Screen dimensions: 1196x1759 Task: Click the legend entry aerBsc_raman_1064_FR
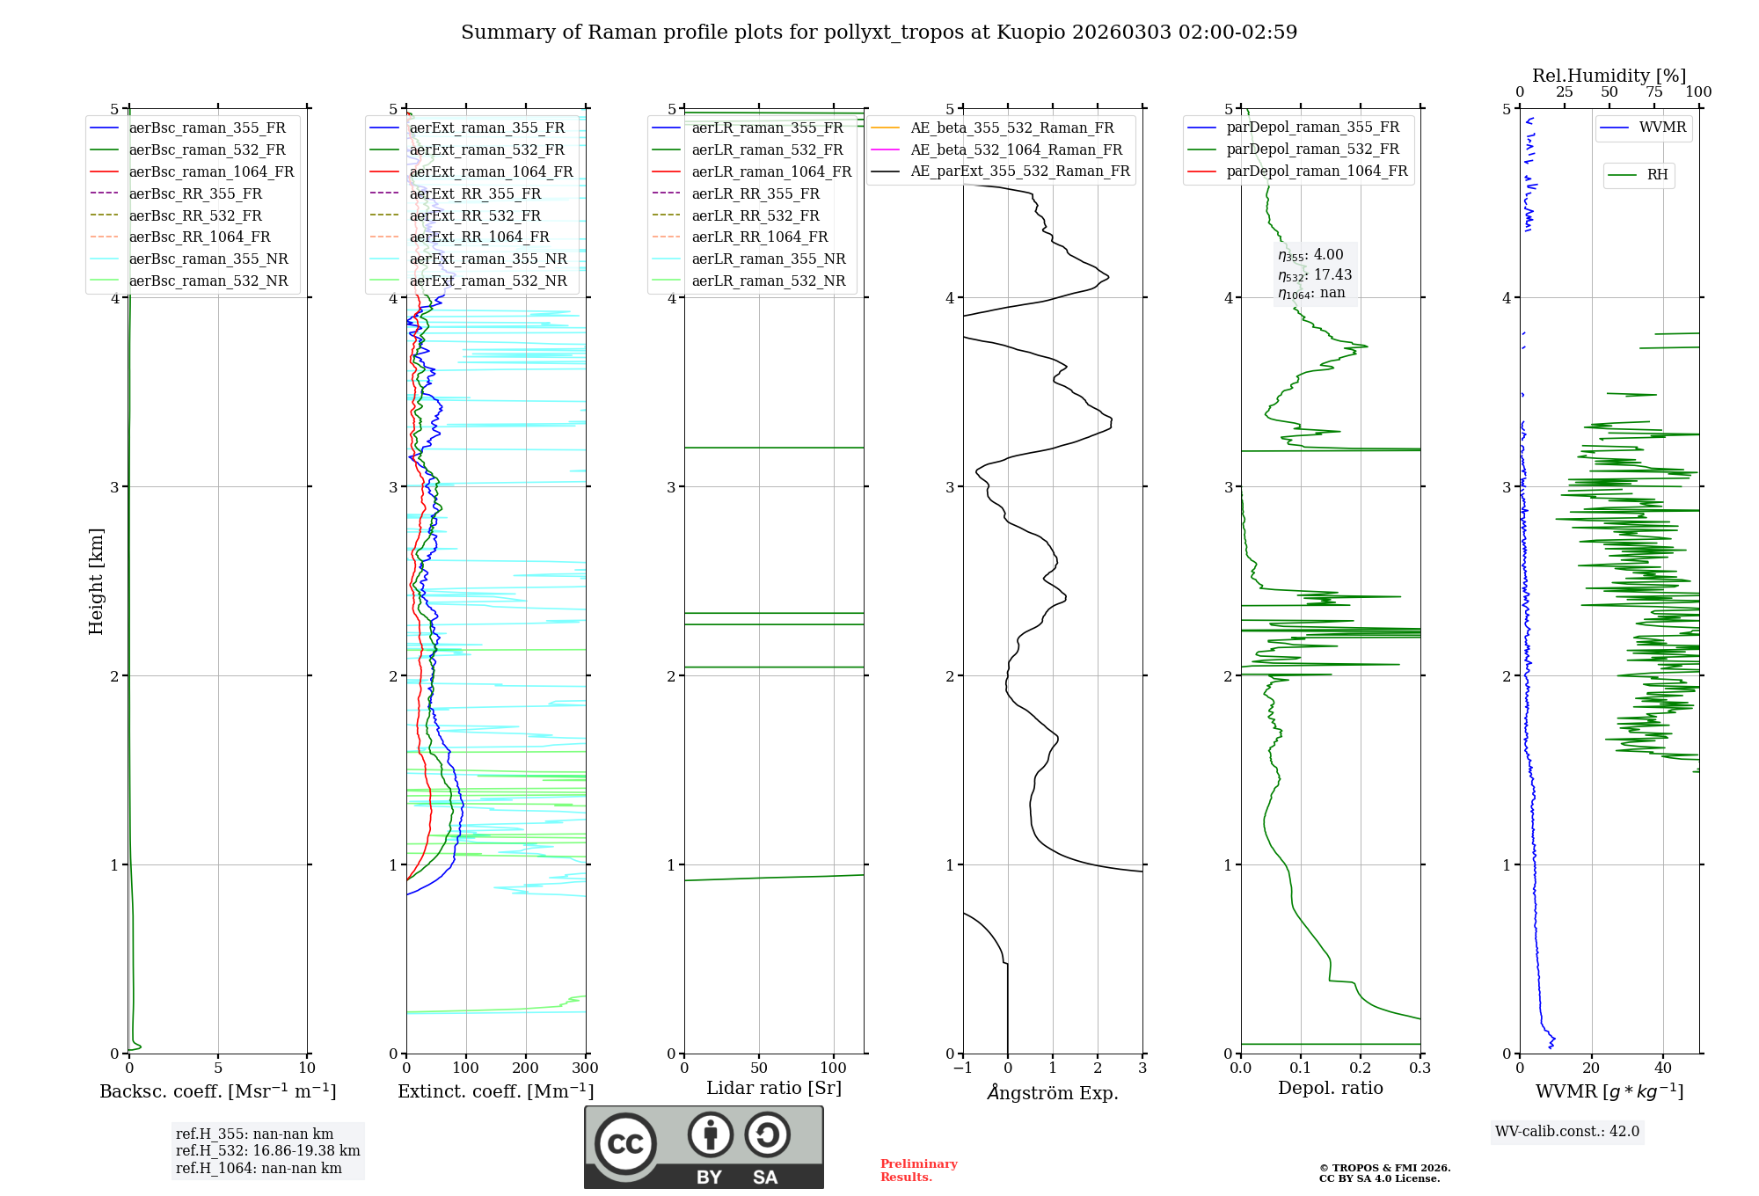pyautogui.click(x=211, y=172)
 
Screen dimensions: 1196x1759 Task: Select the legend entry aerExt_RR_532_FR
pyautogui.click(x=475, y=215)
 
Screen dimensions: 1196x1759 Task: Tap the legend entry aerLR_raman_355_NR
pyautogui.click(x=768, y=259)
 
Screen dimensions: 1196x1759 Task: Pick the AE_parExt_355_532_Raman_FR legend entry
pyautogui.click(x=1019, y=171)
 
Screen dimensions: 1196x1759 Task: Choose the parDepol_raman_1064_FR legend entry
pyautogui.click(x=1316, y=171)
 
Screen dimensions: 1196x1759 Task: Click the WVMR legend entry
pyautogui.click(x=1662, y=128)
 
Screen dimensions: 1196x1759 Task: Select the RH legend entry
pyautogui.click(x=1657, y=175)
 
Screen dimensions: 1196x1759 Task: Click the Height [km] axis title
pyautogui.click(x=97, y=581)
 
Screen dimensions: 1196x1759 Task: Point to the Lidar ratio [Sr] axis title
pyautogui.click(x=774, y=1088)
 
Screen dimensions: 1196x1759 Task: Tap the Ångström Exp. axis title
pyautogui.click(x=1053, y=1092)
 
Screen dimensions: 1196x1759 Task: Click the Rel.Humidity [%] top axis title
pyautogui.click(x=1609, y=76)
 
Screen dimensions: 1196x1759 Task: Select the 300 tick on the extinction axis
pyautogui.click(x=586, y=1068)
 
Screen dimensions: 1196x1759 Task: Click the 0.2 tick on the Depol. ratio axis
pyautogui.click(x=1361, y=1068)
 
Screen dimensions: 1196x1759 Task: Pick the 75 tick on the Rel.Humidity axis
pyautogui.click(x=1653, y=92)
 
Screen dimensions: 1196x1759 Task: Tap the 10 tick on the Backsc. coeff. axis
pyautogui.click(x=307, y=1068)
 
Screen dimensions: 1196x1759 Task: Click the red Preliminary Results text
pyautogui.click(x=918, y=1170)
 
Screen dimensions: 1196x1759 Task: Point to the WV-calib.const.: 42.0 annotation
pyautogui.click(x=1567, y=1132)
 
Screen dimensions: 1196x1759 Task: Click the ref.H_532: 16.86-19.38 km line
pyautogui.click(x=267, y=1151)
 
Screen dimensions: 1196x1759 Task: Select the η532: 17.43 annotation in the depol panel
pyautogui.click(x=1315, y=275)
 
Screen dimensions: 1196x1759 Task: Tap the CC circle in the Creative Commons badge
pyautogui.click(x=625, y=1143)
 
